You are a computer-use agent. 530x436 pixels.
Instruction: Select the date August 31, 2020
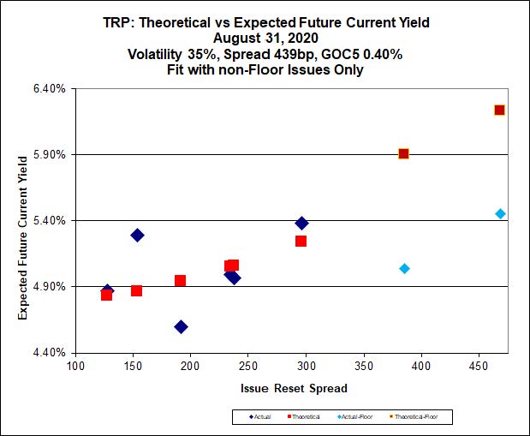point(265,39)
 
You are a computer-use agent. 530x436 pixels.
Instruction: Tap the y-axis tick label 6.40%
point(49,89)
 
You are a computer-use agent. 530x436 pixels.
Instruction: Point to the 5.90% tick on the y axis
point(49,155)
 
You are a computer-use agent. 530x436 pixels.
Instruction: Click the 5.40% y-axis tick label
point(49,220)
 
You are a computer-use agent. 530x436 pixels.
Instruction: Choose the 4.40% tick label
point(49,352)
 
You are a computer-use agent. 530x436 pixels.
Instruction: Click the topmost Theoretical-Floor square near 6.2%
point(499,110)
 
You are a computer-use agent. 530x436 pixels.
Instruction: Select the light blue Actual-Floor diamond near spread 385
point(404,268)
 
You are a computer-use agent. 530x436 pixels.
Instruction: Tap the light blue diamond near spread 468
point(500,213)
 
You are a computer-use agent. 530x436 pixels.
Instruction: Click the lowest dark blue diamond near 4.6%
point(181,326)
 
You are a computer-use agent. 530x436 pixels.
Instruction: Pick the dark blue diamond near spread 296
point(301,223)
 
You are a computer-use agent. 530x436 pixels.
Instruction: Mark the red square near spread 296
point(301,241)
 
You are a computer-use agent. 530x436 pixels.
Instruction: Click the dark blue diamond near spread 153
point(137,235)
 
